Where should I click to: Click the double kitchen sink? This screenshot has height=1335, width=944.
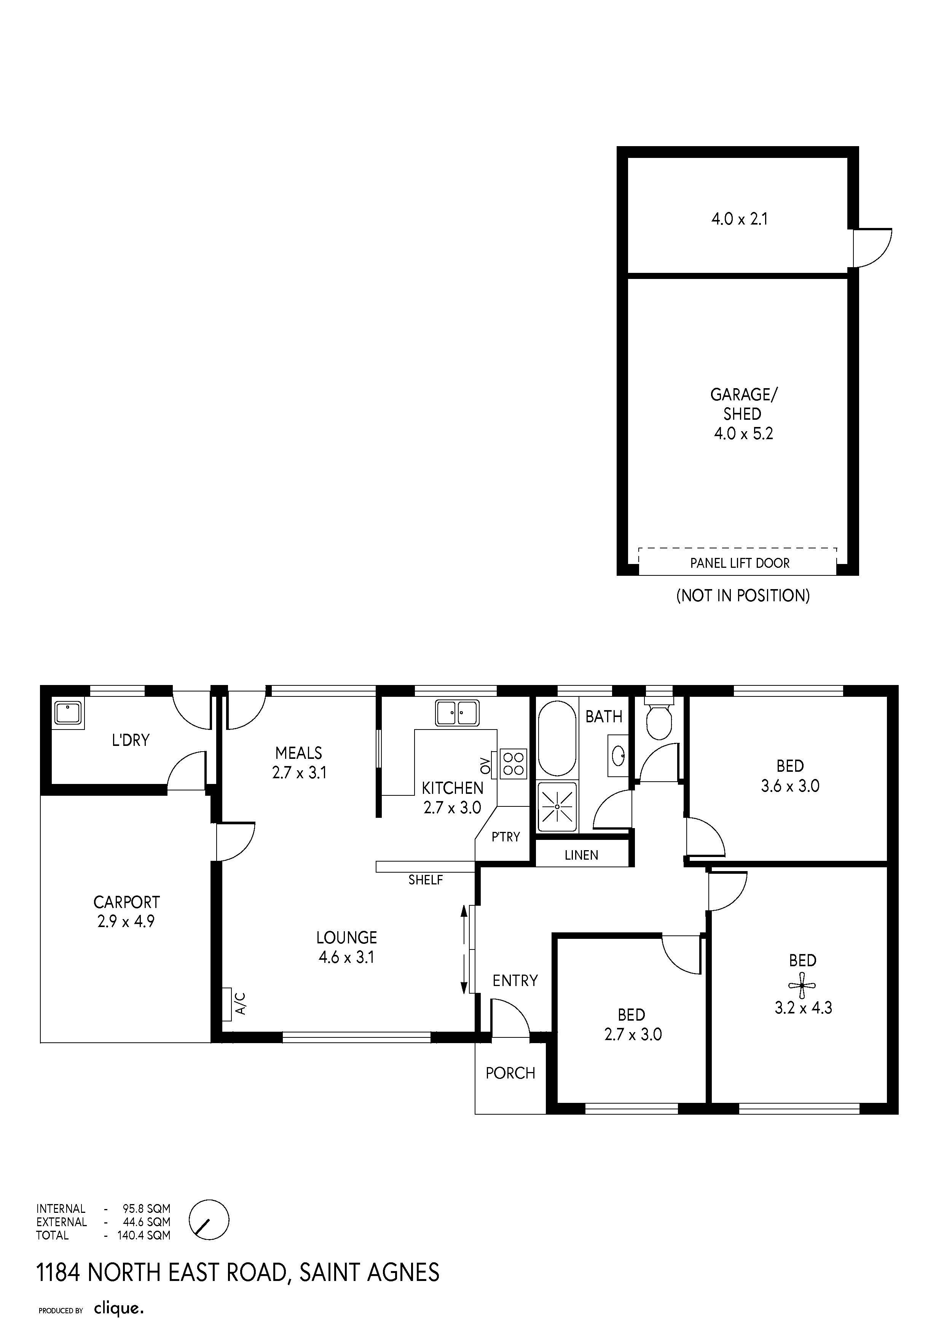(458, 713)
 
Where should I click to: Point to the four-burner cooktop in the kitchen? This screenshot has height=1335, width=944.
(513, 764)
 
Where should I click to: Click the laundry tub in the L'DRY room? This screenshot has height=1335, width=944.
(69, 712)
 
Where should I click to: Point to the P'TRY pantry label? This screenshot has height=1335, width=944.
(505, 837)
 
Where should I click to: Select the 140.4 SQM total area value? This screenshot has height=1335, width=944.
(144, 1235)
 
